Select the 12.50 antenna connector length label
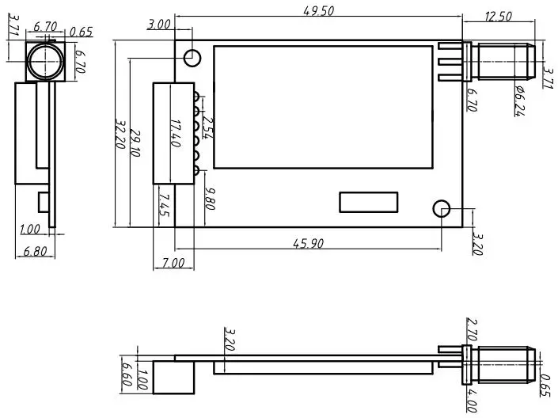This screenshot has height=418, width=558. (498, 16)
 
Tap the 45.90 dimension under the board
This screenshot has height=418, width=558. (308, 244)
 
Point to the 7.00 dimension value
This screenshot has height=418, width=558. (173, 262)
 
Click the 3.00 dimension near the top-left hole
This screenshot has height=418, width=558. (159, 25)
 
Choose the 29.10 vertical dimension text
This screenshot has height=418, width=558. (136, 143)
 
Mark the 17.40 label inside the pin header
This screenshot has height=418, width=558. (175, 133)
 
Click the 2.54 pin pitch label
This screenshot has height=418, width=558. (208, 127)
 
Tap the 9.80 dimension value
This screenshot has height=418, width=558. (209, 198)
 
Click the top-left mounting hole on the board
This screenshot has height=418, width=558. (192, 57)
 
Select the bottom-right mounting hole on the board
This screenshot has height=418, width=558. (442, 209)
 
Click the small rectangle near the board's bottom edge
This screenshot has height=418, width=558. (369, 202)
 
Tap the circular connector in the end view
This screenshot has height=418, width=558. (43, 61)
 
